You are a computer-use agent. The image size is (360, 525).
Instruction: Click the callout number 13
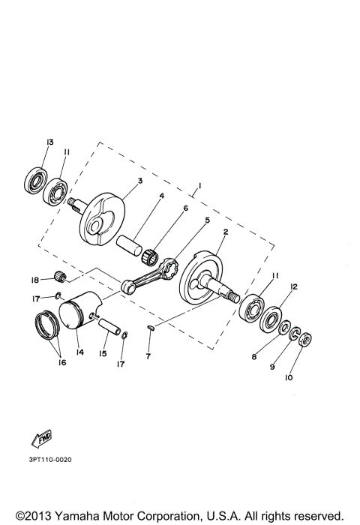(x=49, y=142)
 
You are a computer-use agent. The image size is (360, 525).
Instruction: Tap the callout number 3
(x=139, y=181)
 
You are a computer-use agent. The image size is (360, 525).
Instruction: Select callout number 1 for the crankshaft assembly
(x=200, y=184)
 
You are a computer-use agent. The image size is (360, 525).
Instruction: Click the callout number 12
(x=294, y=286)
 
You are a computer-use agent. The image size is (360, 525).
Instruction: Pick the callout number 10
(x=289, y=378)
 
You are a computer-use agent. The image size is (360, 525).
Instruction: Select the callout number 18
(x=34, y=280)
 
